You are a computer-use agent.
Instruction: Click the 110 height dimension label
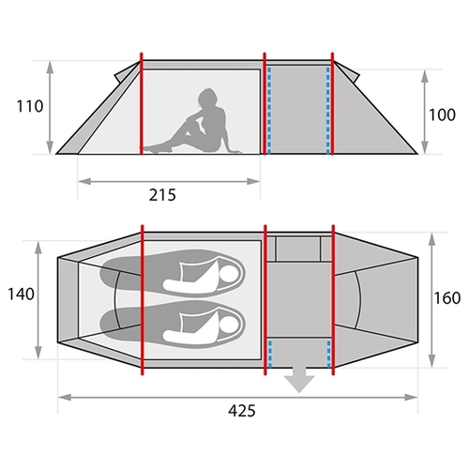point(30,107)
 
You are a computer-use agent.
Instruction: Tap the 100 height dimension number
point(442,115)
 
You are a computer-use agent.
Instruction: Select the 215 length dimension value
point(162,195)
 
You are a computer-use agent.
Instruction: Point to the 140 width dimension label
point(21,295)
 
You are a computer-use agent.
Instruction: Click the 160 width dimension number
point(447,298)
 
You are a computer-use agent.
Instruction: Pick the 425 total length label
point(242,411)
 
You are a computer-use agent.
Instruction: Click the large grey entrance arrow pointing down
point(299,380)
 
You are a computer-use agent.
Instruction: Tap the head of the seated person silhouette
point(206,98)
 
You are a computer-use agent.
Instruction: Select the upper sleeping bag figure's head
point(229,275)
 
